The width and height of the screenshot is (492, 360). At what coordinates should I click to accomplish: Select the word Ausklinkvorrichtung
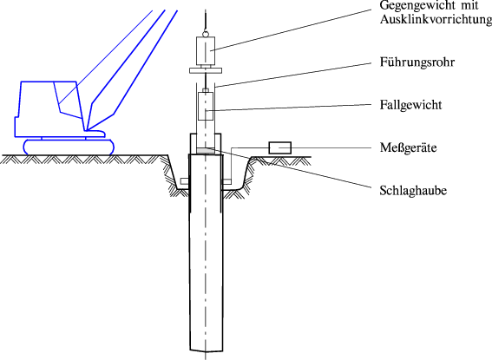(x=436, y=20)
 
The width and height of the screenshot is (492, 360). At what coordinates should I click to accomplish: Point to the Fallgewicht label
(x=412, y=105)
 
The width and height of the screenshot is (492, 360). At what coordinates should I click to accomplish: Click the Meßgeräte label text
(x=409, y=147)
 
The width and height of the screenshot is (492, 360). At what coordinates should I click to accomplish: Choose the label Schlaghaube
(x=413, y=189)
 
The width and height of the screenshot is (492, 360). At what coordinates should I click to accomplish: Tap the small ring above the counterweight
(x=206, y=31)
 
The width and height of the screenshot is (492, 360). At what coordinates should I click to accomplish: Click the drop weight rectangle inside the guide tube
(x=207, y=107)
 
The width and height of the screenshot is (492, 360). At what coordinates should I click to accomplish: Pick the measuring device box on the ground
(x=280, y=147)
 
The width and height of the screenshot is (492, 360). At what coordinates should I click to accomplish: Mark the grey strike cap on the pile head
(x=207, y=151)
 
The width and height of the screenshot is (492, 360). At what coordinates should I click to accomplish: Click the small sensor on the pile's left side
(x=185, y=181)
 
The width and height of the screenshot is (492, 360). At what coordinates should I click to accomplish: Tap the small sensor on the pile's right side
(x=227, y=181)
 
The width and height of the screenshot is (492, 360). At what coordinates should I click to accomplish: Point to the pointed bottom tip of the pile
(x=207, y=354)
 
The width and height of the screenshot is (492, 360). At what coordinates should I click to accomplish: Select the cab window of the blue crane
(x=65, y=96)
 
